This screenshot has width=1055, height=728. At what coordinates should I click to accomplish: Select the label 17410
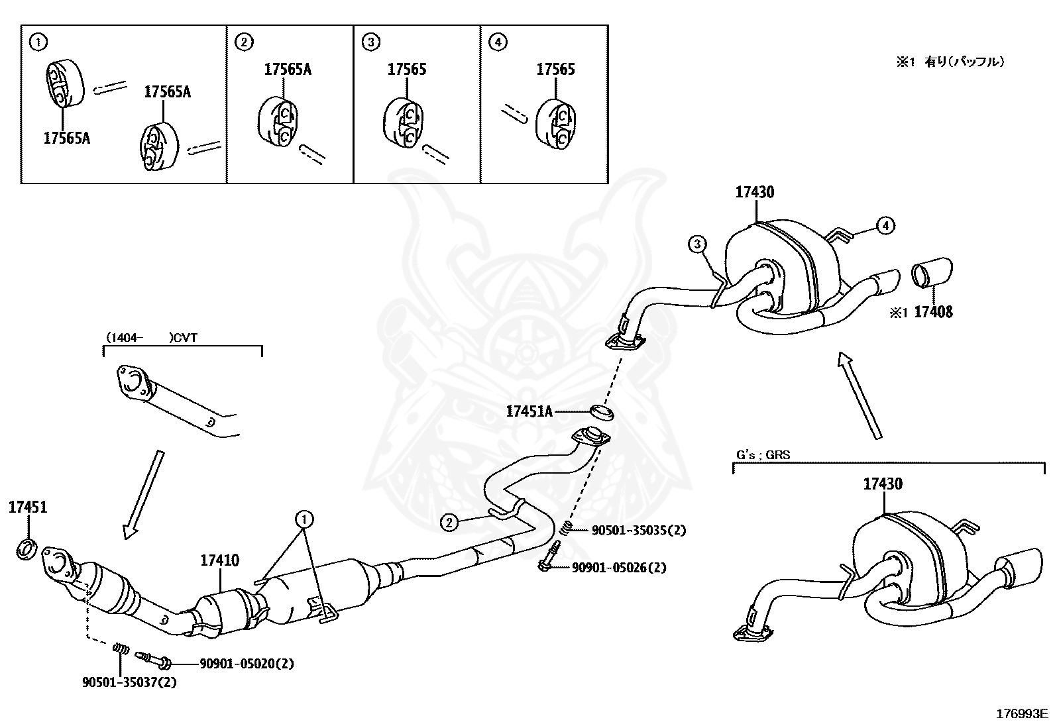pos(220,560)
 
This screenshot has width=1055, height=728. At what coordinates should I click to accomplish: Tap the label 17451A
pos(529,411)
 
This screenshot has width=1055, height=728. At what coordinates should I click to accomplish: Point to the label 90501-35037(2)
pos(129,682)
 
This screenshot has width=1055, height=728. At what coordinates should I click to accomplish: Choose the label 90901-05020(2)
pos(247,663)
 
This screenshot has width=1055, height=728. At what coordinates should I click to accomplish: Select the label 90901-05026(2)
pos(620,567)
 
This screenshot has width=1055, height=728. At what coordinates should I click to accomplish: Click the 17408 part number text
pos(933,311)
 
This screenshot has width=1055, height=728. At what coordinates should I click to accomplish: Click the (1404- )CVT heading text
pos(151,337)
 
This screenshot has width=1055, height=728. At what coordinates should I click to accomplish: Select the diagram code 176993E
pos(1022,713)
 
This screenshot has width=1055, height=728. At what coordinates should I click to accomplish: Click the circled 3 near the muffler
pos(697,244)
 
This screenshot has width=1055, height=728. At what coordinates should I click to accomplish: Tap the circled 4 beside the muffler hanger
pos(885,226)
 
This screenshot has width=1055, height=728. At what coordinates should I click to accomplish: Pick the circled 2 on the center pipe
pos(449,523)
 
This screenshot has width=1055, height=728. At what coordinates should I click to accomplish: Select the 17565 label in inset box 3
pos(407,70)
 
